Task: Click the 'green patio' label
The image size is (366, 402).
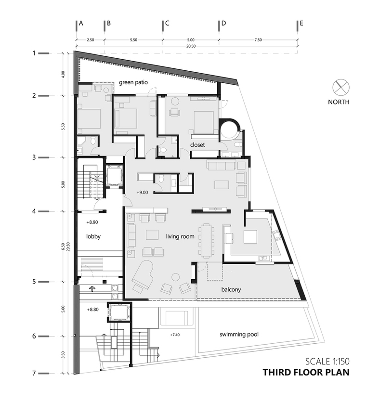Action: pyautogui.click(x=133, y=82)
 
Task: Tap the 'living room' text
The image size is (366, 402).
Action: pyautogui.click(x=180, y=236)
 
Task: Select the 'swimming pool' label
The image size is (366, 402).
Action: pyautogui.click(x=239, y=334)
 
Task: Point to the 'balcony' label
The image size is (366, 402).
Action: pyautogui.click(x=231, y=290)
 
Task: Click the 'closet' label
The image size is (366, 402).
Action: pyautogui.click(x=197, y=145)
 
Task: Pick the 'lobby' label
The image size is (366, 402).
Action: pyautogui.click(x=93, y=236)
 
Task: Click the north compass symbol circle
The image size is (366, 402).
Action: pyautogui.click(x=341, y=87)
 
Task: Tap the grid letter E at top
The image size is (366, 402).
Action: pyautogui.click(x=301, y=23)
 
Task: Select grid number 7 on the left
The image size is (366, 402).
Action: pyautogui.click(x=34, y=373)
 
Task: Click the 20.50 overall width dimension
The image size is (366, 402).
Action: pyautogui.click(x=191, y=46)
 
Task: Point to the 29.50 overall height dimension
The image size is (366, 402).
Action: pyautogui.click(x=68, y=247)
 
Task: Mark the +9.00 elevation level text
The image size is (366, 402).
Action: pyautogui.click(x=142, y=192)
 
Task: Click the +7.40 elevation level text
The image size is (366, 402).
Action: pyautogui.click(x=175, y=335)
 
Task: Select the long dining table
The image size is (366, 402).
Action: pyautogui.click(x=206, y=240)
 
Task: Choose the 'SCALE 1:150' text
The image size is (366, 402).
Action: pyautogui.click(x=327, y=362)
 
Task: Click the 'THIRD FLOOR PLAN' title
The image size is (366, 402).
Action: pyautogui.click(x=306, y=372)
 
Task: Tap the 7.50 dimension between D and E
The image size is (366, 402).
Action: pyautogui.click(x=258, y=40)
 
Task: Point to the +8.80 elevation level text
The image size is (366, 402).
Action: pyautogui.click(x=92, y=310)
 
